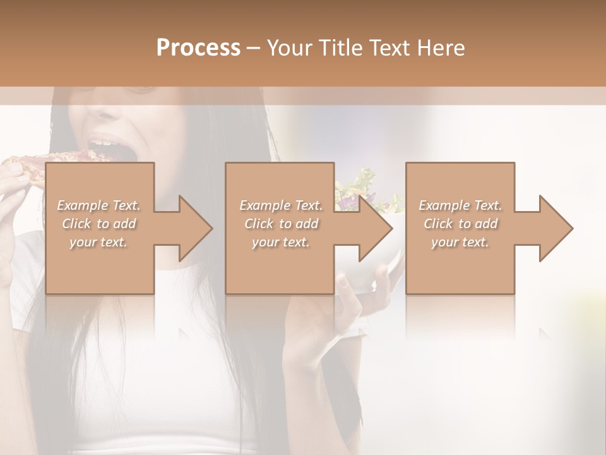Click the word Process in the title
coord(198,47)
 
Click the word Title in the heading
coord(340,47)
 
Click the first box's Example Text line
coord(98,205)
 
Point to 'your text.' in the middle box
coord(280,242)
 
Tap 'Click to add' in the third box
coord(460,224)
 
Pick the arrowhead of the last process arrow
coord(556,228)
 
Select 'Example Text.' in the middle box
coord(280,205)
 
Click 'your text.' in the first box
coord(98,242)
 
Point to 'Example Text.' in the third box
coord(460,205)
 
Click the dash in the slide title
coord(254,48)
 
